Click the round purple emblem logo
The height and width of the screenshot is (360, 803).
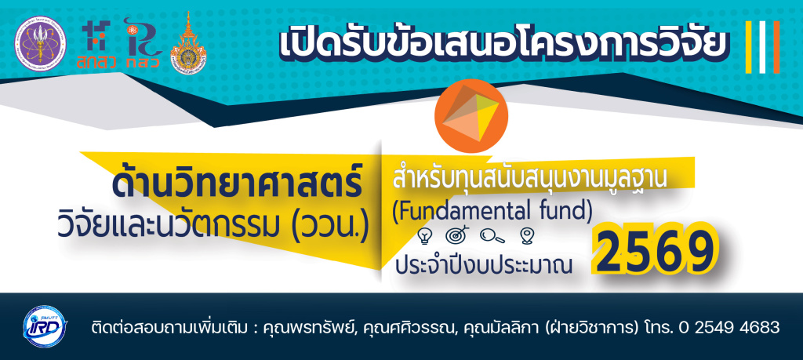pyautogui.click(x=40, y=43)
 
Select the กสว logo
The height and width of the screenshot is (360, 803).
pyautogui.click(x=143, y=43)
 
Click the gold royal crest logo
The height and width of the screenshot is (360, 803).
pyautogui.click(x=188, y=43)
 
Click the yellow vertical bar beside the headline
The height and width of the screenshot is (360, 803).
pyautogui.click(x=749, y=47)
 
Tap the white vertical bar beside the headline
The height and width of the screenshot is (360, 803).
pyautogui.click(x=762, y=47)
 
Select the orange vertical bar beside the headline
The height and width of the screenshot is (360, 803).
pyautogui.click(x=776, y=47)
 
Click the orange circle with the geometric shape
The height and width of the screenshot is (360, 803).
pyautogui.click(x=471, y=116)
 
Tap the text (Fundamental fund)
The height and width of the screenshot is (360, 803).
pyautogui.click(x=492, y=211)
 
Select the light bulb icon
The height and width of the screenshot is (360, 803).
pyautogui.click(x=426, y=235)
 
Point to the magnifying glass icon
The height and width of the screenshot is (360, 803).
pyautogui.click(x=492, y=235)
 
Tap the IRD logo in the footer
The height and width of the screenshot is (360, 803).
pyautogui.click(x=45, y=326)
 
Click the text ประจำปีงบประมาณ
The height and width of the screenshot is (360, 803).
pyautogui.click(x=484, y=267)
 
